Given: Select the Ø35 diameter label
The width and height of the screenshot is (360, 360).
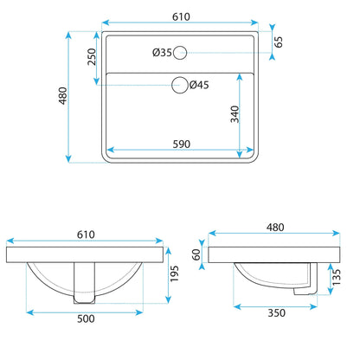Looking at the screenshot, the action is click(162, 53).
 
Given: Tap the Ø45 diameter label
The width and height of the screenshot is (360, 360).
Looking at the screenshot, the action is click(199, 85).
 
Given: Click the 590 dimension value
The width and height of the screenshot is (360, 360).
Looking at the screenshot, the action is click(182, 144).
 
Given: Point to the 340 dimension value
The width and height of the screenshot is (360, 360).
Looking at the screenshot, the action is click(235, 114).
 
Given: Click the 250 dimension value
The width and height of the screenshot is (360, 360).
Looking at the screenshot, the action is click(92, 57).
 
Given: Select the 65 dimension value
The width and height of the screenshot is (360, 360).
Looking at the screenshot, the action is click(279, 42).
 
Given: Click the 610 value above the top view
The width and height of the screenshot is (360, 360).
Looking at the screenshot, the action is click(181, 16).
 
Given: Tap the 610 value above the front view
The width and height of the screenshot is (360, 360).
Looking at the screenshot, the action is click(86, 235).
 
